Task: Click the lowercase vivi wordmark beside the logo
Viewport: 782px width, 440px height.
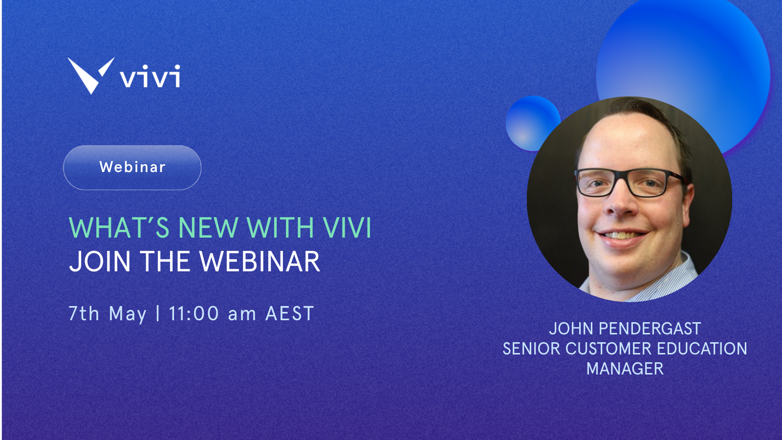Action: pos(150,77)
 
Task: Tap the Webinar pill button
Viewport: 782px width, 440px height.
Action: pos(132,167)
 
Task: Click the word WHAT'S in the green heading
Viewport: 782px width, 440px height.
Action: pos(119,228)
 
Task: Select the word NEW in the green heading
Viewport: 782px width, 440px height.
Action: pos(208,228)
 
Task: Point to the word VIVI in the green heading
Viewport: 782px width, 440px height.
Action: pos(348,228)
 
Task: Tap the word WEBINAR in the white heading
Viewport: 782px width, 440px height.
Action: pos(260,262)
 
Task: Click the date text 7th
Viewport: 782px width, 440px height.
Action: pos(84,313)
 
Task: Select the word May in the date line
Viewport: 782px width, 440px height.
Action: pos(128,314)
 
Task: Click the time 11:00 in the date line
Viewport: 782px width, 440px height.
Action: pos(194,313)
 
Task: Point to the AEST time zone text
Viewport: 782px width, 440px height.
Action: pos(289,313)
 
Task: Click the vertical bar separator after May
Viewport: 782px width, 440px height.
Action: pos(158,313)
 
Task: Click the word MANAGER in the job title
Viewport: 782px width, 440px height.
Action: pos(625,369)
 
